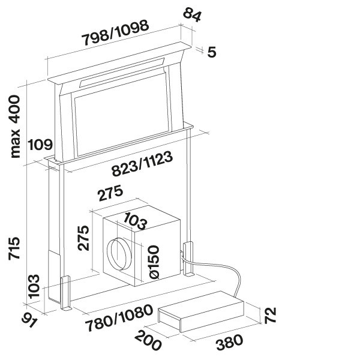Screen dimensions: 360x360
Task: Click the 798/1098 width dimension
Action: click(116, 33)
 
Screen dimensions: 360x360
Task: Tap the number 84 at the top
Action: click(192, 14)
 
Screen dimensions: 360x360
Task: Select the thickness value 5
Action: click(211, 52)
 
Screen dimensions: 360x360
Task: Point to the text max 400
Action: click(16, 127)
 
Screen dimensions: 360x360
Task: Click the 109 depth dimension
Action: click(40, 145)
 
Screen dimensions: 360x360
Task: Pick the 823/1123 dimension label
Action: click(142, 164)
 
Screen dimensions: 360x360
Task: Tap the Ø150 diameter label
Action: click(154, 262)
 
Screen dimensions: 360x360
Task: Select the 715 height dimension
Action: click(14, 248)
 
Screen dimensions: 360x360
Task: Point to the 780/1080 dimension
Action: click(119, 318)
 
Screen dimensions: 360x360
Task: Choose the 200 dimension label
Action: click(148, 340)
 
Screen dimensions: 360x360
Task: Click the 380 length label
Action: click(229, 343)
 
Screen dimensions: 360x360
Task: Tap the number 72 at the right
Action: click(270, 316)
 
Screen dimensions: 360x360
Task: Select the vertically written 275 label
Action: click(83, 238)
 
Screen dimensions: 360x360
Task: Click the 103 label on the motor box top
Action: click(134, 221)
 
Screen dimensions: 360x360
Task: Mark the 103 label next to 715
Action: click(34, 286)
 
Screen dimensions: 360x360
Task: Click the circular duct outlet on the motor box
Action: click(119, 254)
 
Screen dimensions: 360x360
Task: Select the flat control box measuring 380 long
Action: click(201, 311)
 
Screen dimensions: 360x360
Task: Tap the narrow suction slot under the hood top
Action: click(122, 73)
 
